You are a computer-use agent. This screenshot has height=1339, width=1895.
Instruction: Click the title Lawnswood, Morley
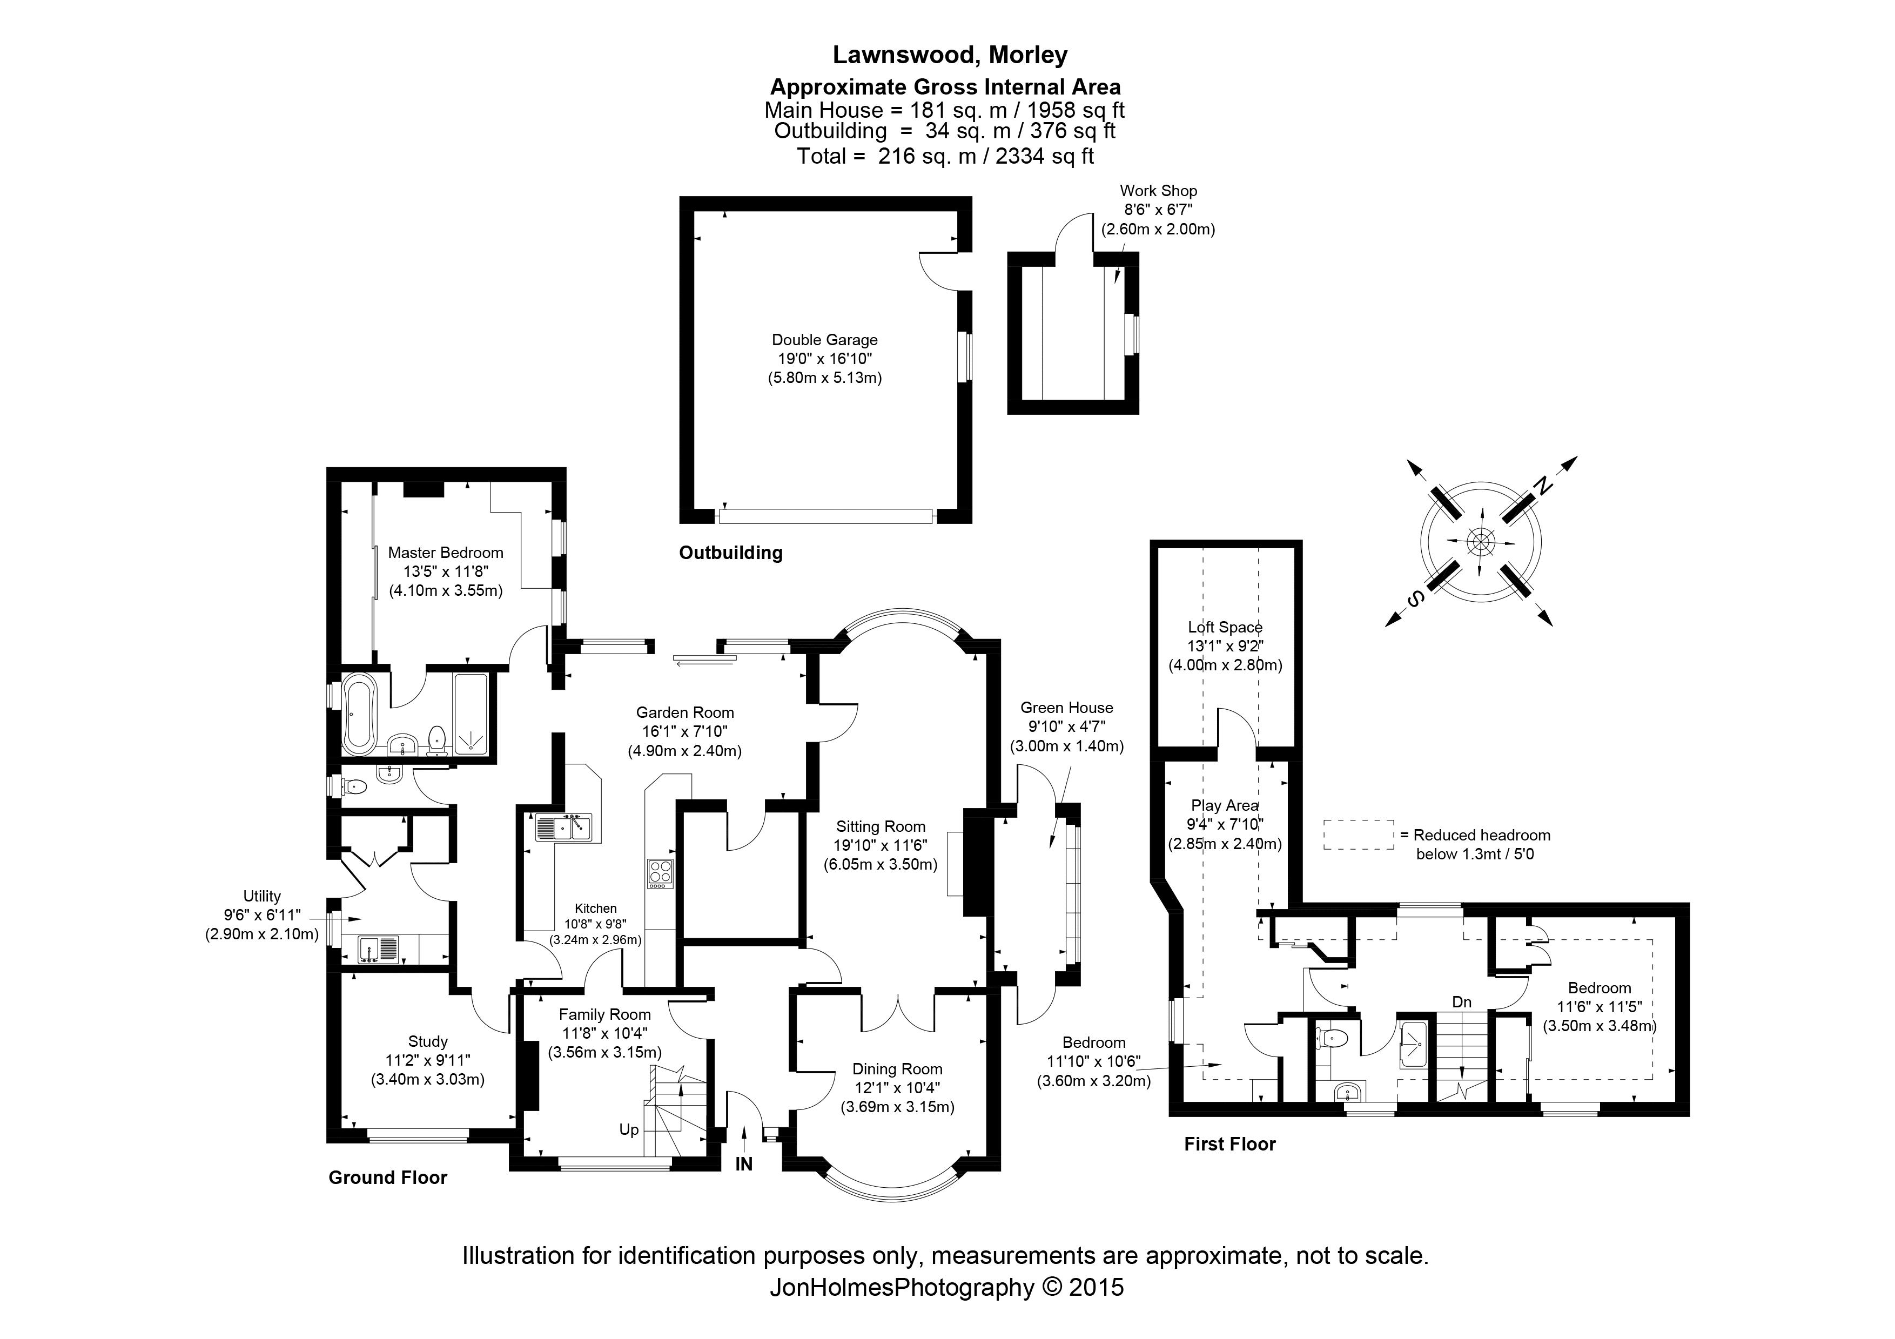point(949,55)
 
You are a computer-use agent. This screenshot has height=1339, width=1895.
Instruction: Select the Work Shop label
point(1158,191)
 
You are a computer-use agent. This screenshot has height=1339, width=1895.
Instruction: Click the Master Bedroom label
point(445,553)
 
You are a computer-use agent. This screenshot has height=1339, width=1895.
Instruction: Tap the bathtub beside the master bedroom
point(359,714)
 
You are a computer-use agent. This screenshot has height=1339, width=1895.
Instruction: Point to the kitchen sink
point(565,826)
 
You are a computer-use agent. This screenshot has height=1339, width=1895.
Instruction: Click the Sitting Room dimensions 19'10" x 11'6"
point(880,846)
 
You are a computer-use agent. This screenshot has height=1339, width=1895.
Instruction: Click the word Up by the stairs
point(629,1129)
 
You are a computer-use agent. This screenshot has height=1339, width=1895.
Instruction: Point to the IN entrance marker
point(744,1164)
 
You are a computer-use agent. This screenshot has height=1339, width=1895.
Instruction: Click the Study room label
point(427,1042)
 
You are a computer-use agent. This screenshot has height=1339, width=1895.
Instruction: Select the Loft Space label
point(1225,628)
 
